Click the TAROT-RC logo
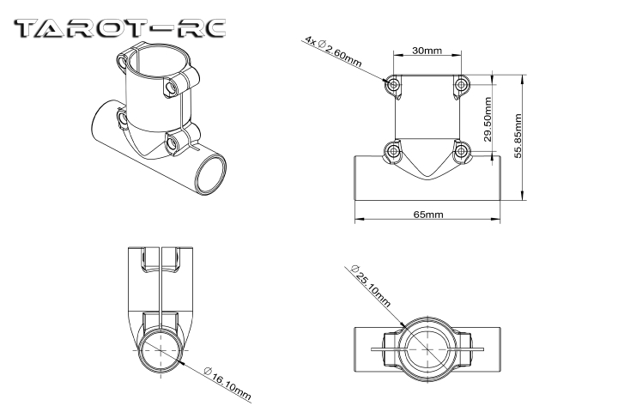pos(120,29)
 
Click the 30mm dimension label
pos(427,51)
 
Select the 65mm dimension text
pos(428,215)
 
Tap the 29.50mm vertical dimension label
pos(488,119)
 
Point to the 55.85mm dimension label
pos(518,136)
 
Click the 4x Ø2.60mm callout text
pos(333,51)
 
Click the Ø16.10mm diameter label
pos(227,383)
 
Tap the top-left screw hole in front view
pos(394,84)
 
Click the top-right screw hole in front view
pos(461,84)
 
